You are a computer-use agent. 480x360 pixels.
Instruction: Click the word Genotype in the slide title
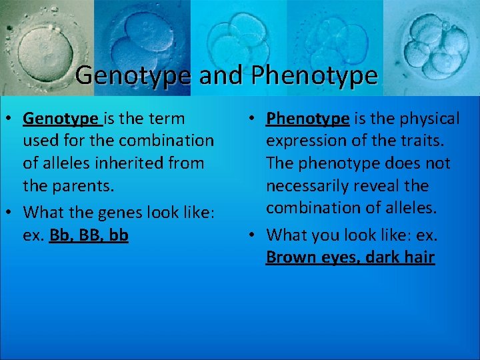[134, 75]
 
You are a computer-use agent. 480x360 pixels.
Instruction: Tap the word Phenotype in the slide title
[315, 75]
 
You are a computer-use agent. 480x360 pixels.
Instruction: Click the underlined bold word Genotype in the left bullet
[61, 119]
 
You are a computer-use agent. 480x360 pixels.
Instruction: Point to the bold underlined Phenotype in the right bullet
[307, 119]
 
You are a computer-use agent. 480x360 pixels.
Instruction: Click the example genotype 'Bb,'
[63, 235]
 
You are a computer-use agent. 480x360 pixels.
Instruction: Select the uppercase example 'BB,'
[93, 235]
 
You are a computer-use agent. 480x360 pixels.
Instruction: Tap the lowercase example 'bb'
[119, 235]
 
